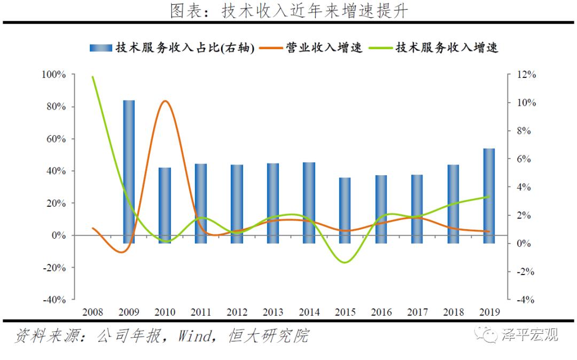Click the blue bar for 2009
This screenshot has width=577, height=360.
click(129, 171)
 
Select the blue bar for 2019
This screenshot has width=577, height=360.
click(489, 195)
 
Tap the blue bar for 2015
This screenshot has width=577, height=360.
click(345, 210)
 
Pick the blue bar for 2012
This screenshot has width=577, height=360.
click(237, 204)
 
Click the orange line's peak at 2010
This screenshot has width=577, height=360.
click(165, 101)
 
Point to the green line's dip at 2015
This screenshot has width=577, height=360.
click(345, 262)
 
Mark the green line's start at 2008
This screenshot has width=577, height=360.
click(93, 77)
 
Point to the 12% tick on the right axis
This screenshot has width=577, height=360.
click(525, 75)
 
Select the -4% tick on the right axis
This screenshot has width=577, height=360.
click(525, 300)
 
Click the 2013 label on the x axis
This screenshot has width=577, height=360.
click(273, 312)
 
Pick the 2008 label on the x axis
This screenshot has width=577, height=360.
click(93, 312)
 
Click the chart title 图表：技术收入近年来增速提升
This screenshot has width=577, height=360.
click(288, 10)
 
